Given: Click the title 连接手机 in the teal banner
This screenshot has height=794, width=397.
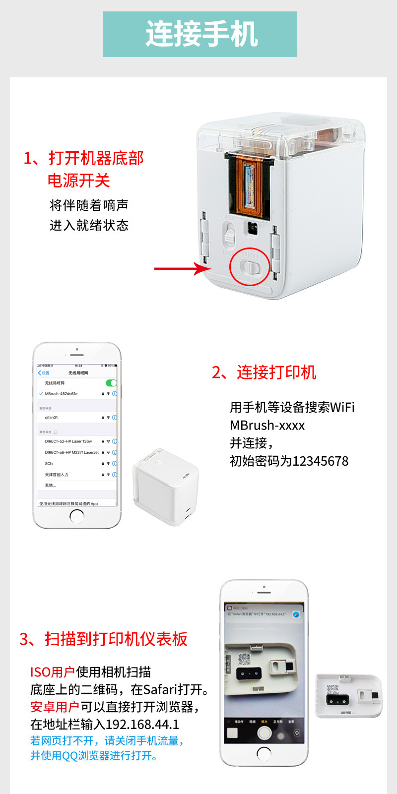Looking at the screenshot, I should pos(201,34).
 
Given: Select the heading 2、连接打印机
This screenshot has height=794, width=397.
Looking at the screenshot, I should pos(264,372).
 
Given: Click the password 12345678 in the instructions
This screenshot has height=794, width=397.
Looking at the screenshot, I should pos(321,461).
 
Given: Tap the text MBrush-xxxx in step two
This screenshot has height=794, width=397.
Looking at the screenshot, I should pos(267,426).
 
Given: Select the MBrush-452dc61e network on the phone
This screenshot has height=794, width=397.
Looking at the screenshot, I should pos(62,394).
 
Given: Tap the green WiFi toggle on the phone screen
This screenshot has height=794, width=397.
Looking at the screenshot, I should pos(111,383).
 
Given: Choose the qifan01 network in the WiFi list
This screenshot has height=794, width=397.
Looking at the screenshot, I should pos(52,418).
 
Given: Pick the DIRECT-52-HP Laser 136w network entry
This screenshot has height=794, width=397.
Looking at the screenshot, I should pos(68,441).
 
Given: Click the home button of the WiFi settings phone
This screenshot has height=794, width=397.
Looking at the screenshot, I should pos(77,516).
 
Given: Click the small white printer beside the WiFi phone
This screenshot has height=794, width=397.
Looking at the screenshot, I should pos(165,488).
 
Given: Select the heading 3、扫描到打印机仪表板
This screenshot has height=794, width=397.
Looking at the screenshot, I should pos(103,639).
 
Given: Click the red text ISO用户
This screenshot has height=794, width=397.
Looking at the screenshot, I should pos(52,672).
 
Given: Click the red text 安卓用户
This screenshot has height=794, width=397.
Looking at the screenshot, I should pos(55,707).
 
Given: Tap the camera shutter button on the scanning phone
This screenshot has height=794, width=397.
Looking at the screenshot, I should pos(264,733).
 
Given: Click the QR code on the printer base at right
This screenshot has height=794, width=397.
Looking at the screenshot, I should pos(332,689).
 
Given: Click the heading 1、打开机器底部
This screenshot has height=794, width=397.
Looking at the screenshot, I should pos(83,159).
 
